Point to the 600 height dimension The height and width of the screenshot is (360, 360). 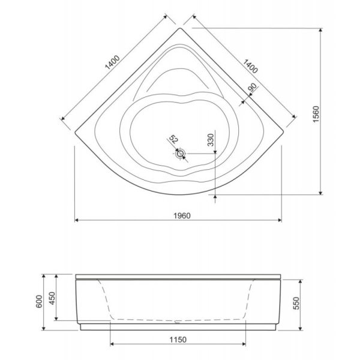tap(38, 302)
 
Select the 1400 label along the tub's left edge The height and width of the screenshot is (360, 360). tap(112, 63)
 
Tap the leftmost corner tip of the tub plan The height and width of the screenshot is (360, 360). tap(74, 131)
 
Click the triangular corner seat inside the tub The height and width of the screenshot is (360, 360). tap(180, 72)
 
